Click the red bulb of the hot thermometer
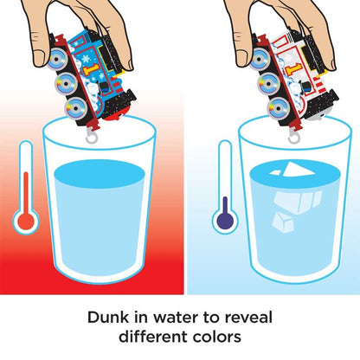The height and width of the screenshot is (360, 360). click(26, 222)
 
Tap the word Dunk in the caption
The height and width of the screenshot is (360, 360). click(108, 318)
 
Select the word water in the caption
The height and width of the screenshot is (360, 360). click(177, 318)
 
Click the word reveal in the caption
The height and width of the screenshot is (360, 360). click(248, 318)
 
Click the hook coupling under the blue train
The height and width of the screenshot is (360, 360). click(92, 137)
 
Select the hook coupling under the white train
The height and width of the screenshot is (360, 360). click(294, 138)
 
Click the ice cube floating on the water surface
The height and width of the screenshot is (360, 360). click(297, 170)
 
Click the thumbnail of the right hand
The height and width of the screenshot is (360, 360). click(241, 58)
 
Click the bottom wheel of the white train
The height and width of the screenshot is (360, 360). click(278, 109)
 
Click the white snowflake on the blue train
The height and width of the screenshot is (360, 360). click(86, 59)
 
